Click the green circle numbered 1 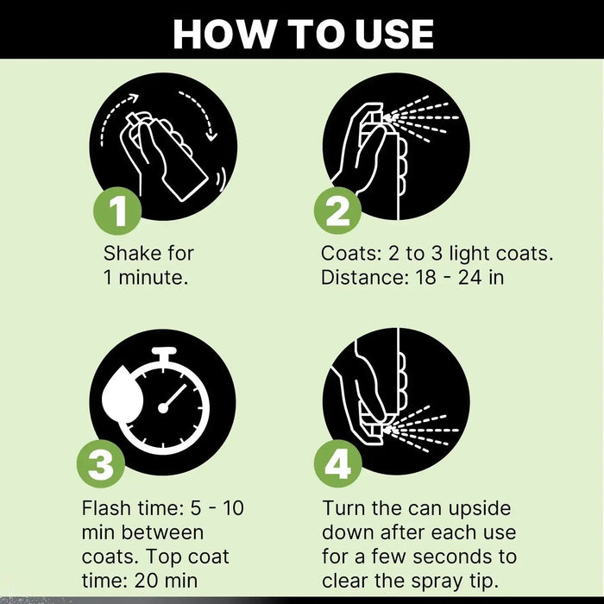coord(117,211)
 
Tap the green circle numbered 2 coord(338,211)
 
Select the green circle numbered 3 coord(101,463)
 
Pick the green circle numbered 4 coord(338,463)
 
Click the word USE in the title coord(394,34)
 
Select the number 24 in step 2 coord(469,277)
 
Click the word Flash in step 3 coord(105,508)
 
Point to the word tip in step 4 coord(486,582)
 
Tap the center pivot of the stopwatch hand coord(163,408)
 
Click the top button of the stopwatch coord(164,351)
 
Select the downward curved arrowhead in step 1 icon coord(211,135)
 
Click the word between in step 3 coord(162,532)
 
